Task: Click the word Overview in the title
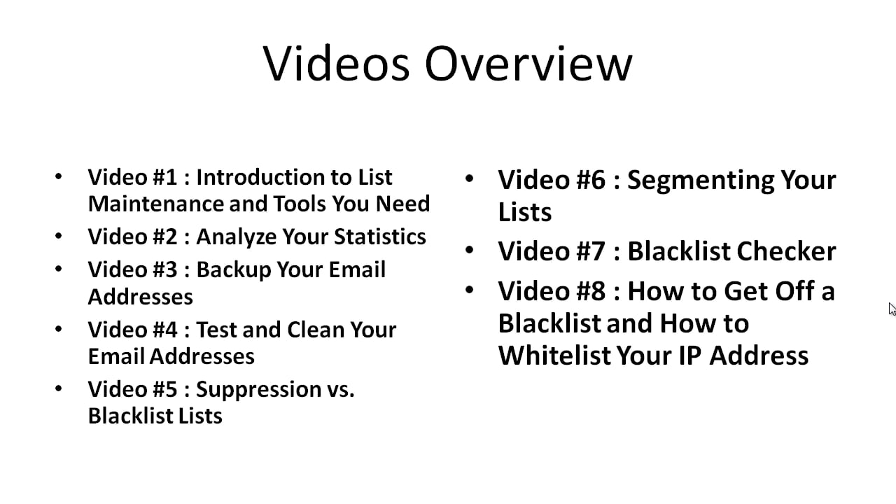(528, 64)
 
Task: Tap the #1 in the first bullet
(164, 177)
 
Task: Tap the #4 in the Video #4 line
(164, 329)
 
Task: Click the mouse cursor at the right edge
(892, 309)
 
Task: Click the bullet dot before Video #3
(59, 269)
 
